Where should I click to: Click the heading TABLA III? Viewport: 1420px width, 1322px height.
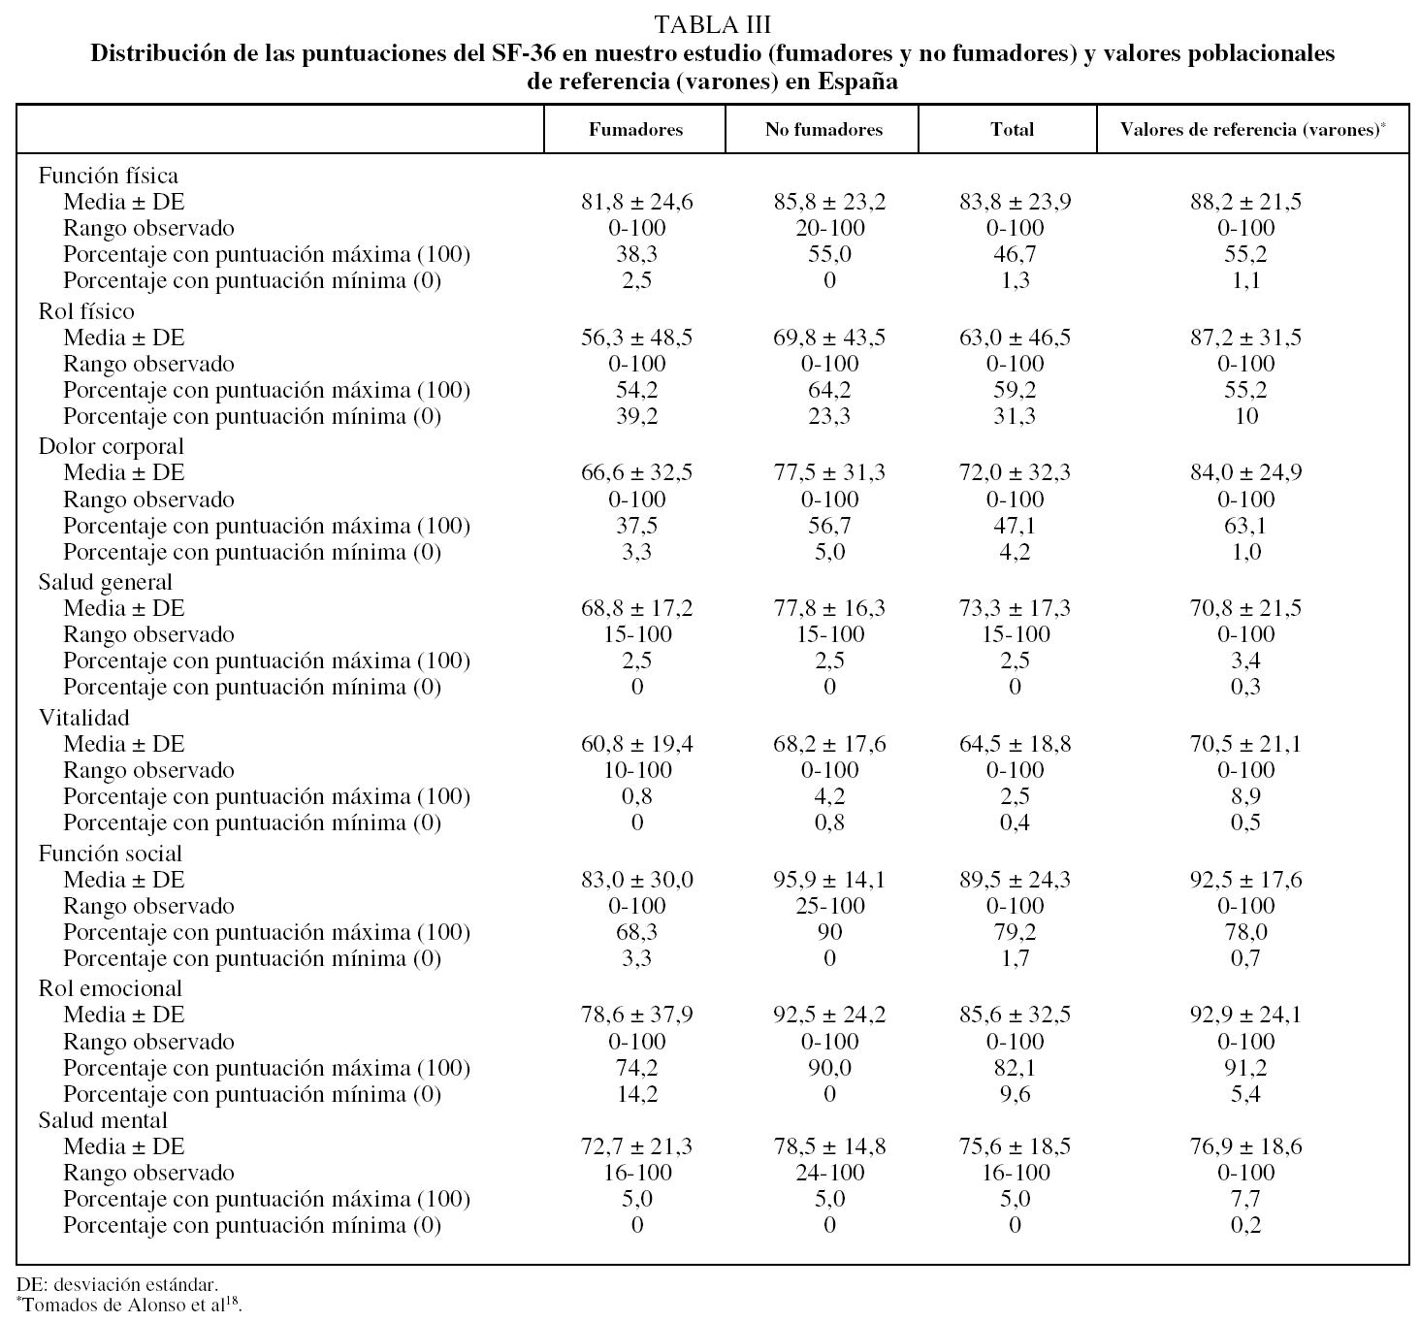coord(712,23)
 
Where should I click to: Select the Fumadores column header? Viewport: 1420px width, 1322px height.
coord(635,129)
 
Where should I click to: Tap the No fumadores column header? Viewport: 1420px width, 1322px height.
coord(823,129)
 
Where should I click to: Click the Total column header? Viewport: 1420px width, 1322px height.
coord(1012,129)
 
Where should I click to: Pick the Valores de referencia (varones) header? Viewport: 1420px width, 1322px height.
coord(1251,129)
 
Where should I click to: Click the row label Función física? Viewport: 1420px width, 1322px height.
coord(109,176)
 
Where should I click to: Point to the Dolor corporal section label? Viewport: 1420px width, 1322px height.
coord(112,446)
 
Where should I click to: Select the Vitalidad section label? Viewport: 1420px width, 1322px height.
coord(84,718)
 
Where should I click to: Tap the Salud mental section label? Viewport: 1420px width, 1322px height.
coord(103,1120)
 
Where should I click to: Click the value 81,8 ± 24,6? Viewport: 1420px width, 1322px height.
coord(637,202)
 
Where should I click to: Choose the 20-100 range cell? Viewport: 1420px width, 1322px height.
coord(829,228)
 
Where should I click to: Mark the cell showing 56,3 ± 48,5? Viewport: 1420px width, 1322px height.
coord(637,338)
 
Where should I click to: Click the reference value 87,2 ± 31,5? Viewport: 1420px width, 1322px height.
coord(1246,338)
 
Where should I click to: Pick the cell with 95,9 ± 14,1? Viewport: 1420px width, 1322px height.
coord(829,880)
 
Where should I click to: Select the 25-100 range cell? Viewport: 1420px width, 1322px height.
coord(829,906)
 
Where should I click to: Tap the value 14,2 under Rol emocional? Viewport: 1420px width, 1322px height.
coord(637,1094)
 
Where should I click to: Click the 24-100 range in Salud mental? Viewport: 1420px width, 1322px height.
coord(829,1173)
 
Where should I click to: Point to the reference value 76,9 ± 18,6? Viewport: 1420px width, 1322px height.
coord(1246,1146)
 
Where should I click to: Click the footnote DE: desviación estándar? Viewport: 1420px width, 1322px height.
coord(123,1285)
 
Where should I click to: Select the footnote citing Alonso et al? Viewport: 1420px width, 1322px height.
coord(129,1305)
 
